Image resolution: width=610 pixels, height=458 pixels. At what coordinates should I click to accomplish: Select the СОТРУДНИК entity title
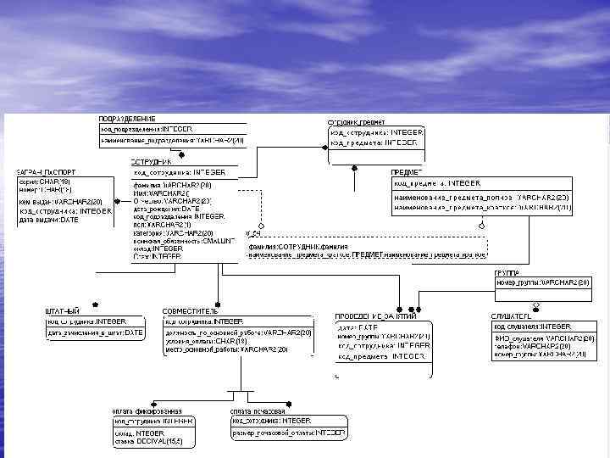pos(152,161)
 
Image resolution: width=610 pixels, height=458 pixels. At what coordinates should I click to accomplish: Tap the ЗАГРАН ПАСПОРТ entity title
pos(42,172)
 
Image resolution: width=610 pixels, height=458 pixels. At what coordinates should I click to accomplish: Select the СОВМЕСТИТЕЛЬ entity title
pos(191,311)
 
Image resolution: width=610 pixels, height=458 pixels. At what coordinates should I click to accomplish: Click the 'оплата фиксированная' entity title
pos(148,411)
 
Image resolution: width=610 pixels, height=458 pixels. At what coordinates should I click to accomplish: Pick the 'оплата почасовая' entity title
pos(258,411)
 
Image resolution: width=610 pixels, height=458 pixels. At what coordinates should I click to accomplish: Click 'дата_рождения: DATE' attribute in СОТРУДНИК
pos(167,209)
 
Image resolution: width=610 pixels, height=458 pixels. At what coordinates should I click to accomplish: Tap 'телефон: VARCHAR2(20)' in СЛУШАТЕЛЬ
pos(542,346)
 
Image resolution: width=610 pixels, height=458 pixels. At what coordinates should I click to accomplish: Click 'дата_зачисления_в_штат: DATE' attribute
pos(95,332)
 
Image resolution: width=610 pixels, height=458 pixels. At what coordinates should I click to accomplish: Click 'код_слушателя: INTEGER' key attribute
pos(533,327)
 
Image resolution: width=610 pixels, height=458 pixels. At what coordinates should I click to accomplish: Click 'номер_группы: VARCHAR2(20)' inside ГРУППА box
pos(542,282)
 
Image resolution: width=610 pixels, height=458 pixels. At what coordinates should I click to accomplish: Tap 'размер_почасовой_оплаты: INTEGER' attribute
pos(289,433)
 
